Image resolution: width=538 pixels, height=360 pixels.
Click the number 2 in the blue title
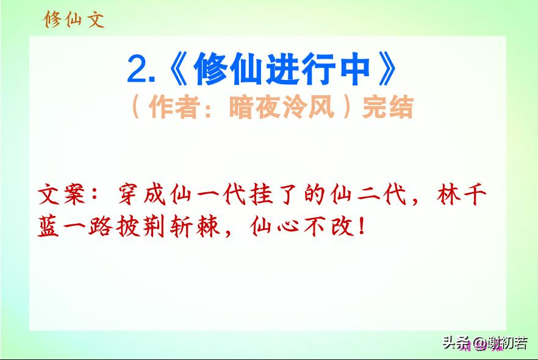tap(138, 69)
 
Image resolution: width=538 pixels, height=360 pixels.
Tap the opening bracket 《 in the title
tap(178, 68)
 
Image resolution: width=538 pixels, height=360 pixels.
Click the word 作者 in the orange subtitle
tap(174, 107)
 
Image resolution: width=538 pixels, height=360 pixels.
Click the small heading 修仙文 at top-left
tap(74, 19)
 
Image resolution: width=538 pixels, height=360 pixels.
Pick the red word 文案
tap(62, 195)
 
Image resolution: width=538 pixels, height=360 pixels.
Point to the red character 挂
tap(262, 195)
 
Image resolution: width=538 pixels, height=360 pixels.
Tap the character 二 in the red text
tap(368, 195)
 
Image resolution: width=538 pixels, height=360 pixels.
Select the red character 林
tap(448, 195)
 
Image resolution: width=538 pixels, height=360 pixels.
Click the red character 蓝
tap(48, 226)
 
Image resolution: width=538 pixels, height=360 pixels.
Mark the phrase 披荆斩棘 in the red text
tap(168, 226)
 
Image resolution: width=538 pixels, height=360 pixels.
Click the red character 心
tap(288, 227)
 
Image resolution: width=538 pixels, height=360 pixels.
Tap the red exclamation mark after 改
tap(361, 226)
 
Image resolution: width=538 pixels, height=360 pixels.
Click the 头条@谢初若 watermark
tap(485, 343)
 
